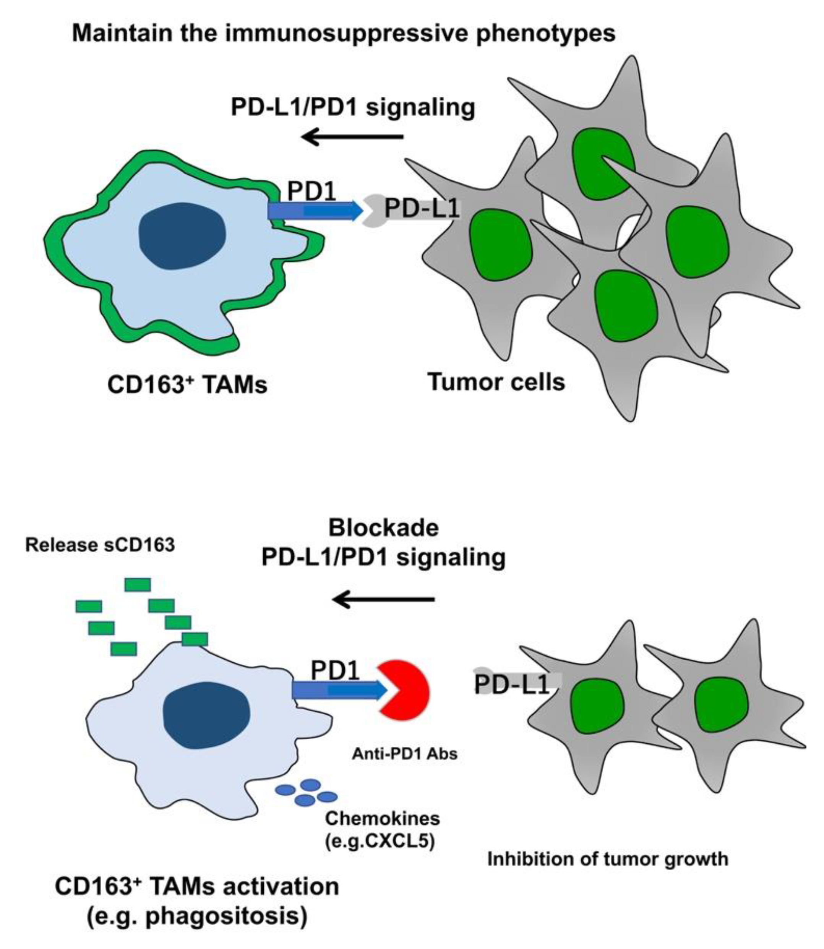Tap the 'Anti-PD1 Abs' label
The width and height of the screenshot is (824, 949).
405,754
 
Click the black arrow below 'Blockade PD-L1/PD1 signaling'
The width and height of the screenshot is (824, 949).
383,600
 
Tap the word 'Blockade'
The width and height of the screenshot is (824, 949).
383,528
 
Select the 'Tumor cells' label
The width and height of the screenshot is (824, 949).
496,381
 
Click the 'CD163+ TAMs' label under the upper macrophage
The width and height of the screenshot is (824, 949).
187,384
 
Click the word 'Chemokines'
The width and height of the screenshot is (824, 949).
382,818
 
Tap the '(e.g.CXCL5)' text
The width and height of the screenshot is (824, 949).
380,841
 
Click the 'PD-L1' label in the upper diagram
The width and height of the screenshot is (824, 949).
421,209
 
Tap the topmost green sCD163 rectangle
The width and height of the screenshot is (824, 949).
138,585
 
